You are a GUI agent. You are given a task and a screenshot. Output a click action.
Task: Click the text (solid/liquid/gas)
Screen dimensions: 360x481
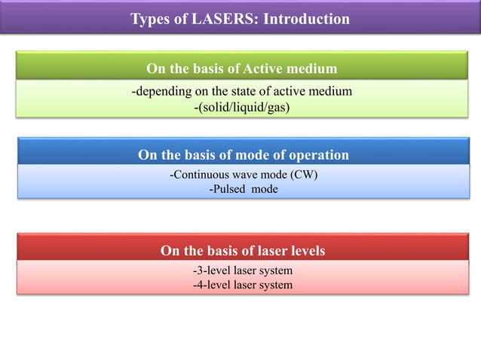point(242,108)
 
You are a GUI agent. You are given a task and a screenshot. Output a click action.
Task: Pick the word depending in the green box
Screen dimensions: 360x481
point(163,92)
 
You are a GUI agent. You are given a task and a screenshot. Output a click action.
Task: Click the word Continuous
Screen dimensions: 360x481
point(198,175)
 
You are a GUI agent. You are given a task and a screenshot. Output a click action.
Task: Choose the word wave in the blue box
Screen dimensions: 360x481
point(243,175)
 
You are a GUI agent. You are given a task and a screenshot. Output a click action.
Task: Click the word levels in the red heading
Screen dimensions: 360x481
point(305,250)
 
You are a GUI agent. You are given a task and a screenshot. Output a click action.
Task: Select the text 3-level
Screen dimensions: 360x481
point(211,270)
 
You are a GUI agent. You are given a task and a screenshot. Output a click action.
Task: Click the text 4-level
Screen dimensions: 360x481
point(211,285)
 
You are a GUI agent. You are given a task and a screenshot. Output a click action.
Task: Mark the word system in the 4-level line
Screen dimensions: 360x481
point(274,285)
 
